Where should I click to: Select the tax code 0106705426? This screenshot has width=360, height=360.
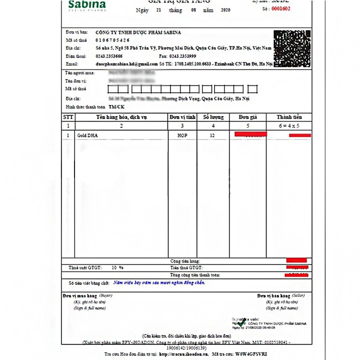[x=112, y=40]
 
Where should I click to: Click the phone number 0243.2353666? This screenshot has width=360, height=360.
[x=109, y=56]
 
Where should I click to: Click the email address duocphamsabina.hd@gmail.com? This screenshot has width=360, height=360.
[x=123, y=64]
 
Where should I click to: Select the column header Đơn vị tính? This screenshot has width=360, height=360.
[x=182, y=116]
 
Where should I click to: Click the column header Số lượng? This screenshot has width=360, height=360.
[x=212, y=116]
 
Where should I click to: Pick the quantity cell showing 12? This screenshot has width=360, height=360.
[x=212, y=135]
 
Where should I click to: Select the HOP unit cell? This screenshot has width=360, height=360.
[x=182, y=135]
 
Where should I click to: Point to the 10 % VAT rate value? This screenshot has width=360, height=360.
[x=117, y=268]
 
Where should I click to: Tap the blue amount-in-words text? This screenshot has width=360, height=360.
[x=159, y=282]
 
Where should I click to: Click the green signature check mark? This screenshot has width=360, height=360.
[x=242, y=323]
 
